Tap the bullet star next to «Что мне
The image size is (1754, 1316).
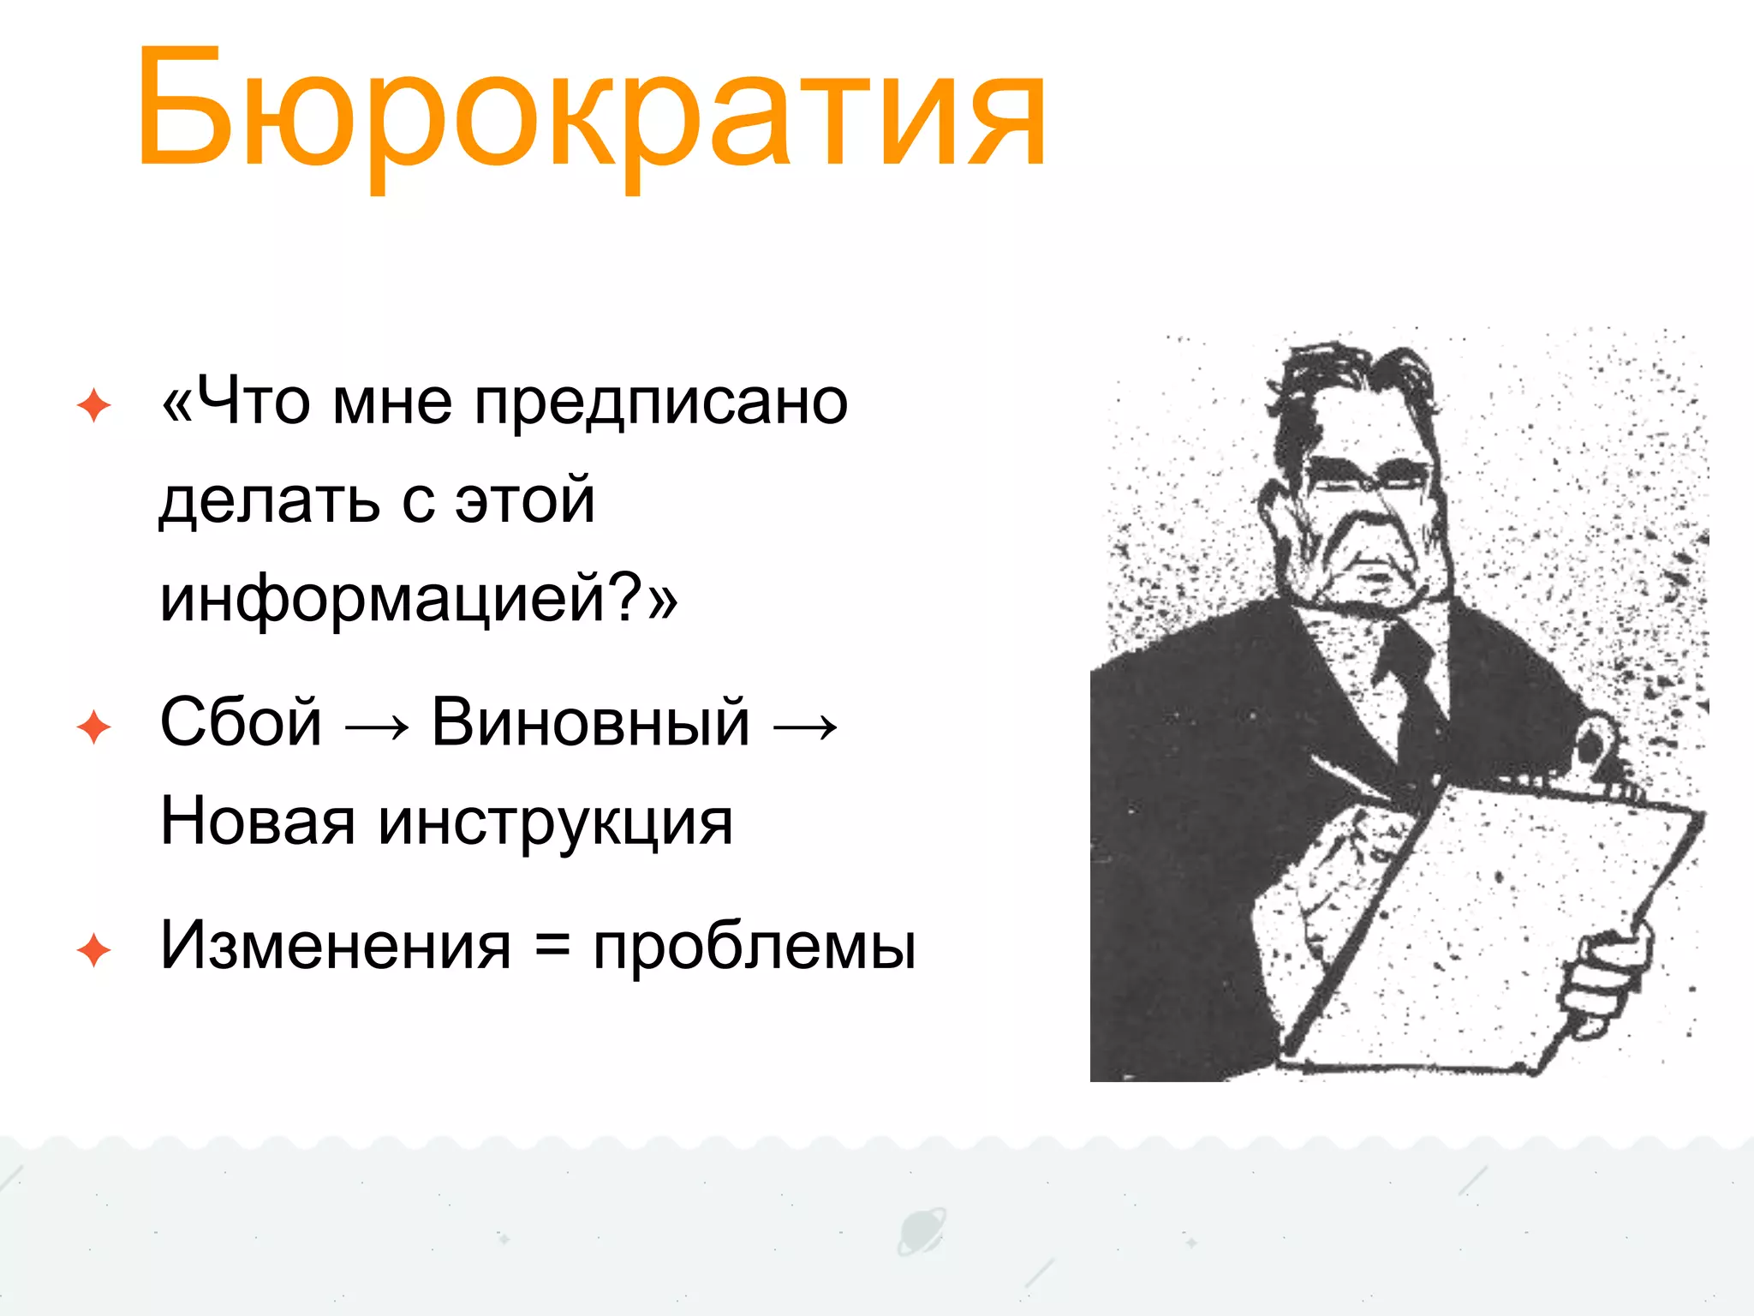click(93, 405)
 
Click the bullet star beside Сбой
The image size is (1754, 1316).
click(93, 727)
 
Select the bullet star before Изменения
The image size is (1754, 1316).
click(93, 951)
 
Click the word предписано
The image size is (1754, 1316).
click(660, 403)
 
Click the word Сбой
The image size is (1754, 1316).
click(241, 722)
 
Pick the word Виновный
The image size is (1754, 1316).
click(590, 722)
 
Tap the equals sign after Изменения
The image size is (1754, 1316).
click(552, 947)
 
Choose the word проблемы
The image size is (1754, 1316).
click(754, 948)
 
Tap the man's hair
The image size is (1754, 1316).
click(1353, 377)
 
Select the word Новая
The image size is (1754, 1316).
click(257, 821)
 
